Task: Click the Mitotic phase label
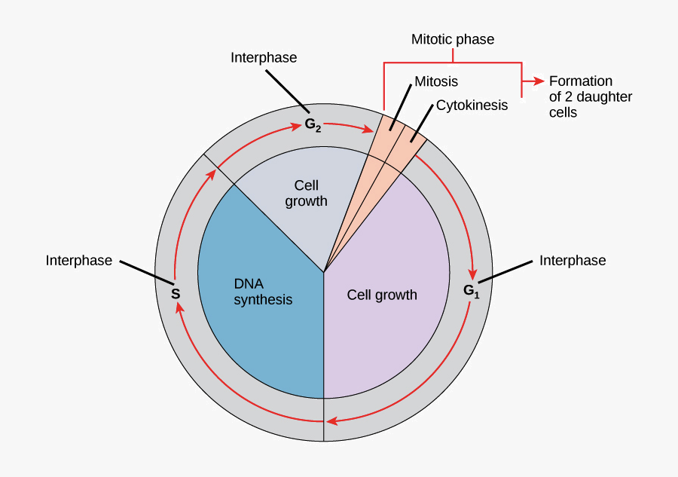tap(452, 39)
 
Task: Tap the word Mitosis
tap(436, 81)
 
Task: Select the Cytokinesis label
tap(472, 105)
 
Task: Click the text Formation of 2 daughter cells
tap(590, 96)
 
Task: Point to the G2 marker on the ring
tap(313, 125)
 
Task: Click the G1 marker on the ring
tap(471, 290)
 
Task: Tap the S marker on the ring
tap(176, 293)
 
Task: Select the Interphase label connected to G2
tap(264, 58)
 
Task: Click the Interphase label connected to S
tap(78, 261)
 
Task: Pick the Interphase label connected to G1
tap(573, 261)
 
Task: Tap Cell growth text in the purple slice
tap(382, 295)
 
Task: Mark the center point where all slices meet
tap(324, 273)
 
